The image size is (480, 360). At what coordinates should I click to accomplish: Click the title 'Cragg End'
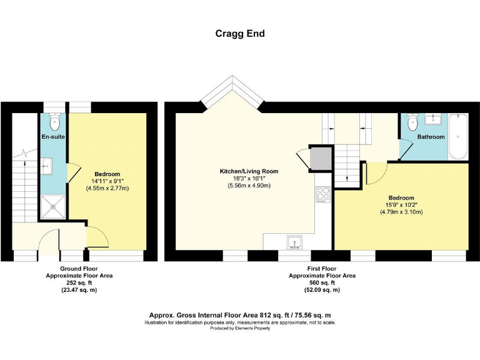240,34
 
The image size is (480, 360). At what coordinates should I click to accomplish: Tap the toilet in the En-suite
54,120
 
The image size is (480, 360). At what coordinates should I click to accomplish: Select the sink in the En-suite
47,164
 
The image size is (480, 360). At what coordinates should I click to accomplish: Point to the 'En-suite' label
54,136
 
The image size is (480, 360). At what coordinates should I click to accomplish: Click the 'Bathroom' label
431,137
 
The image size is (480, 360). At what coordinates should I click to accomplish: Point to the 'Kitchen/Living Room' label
249,171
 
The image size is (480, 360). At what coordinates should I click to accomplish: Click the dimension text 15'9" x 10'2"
401,204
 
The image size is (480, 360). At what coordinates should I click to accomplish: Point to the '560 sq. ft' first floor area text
322,282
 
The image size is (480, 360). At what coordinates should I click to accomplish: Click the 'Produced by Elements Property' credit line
240,329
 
